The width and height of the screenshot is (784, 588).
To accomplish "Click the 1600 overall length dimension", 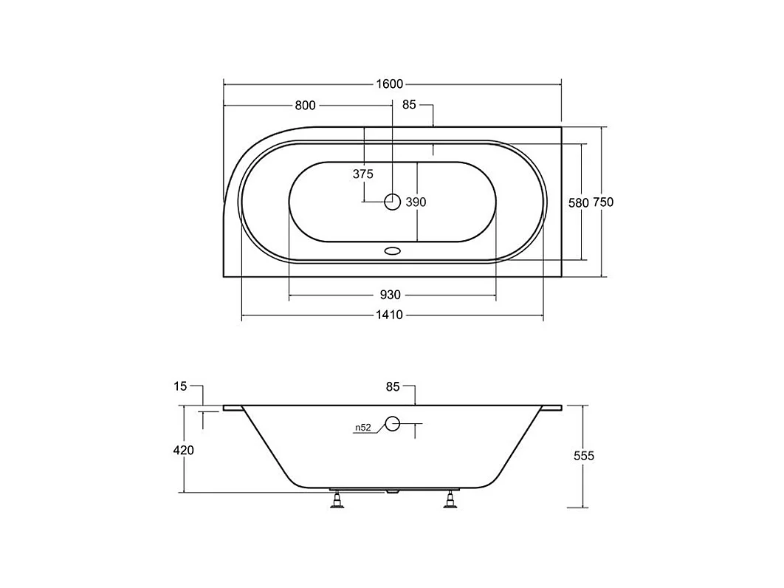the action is [x=390, y=84].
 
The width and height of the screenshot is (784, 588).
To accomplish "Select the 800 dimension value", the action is [x=305, y=105].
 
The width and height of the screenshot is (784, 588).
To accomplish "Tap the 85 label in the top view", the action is [x=409, y=105].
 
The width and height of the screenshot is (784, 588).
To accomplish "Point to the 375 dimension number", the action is [x=363, y=174].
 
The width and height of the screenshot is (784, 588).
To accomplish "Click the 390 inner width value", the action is [x=416, y=202].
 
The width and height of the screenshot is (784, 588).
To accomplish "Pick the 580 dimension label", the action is [x=579, y=202].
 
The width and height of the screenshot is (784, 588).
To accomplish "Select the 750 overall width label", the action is [x=603, y=202].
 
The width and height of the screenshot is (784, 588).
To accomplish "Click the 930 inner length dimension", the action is [x=390, y=295].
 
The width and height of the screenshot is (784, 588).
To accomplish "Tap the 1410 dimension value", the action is [x=390, y=315].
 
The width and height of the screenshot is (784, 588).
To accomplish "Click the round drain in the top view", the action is [x=393, y=202].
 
